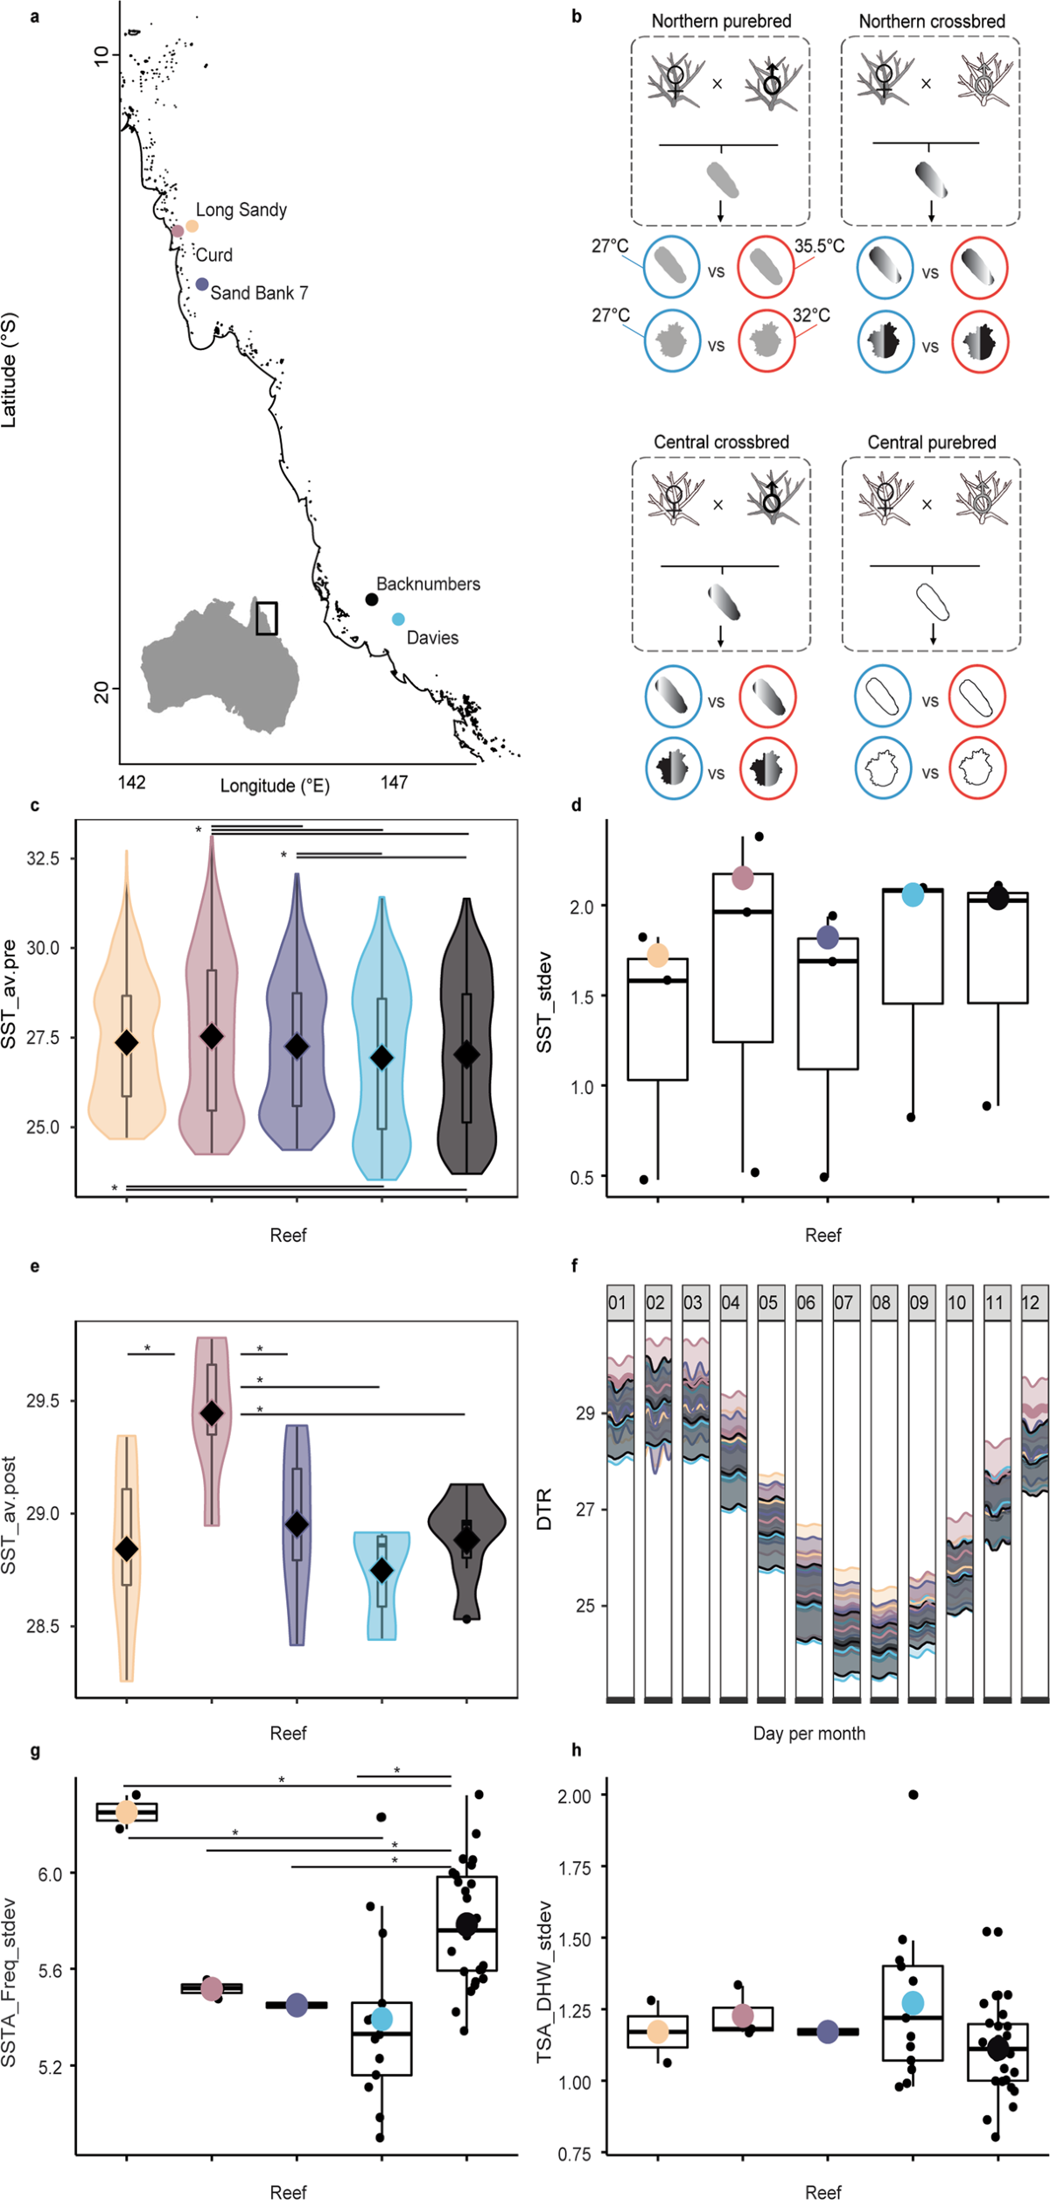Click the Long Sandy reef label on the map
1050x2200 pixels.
point(241,210)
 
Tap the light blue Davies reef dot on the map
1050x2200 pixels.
point(398,620)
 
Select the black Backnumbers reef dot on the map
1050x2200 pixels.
point(372,599)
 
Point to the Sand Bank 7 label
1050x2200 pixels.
point(259,293)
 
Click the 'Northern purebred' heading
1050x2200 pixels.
point(721,21)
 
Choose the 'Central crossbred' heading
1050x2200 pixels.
point(721,442)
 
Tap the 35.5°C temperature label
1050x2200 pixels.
point(819,246)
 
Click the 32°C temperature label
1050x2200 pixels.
point(811,315)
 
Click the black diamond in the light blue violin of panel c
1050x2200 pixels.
point(381,1057)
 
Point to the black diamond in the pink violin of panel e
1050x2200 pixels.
point(211,1413)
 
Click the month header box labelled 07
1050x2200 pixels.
point(843,1302)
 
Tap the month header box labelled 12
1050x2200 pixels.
point(1032,1302)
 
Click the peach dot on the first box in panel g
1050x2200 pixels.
point(127,1811)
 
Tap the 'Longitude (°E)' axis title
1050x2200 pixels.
point(275,786)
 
